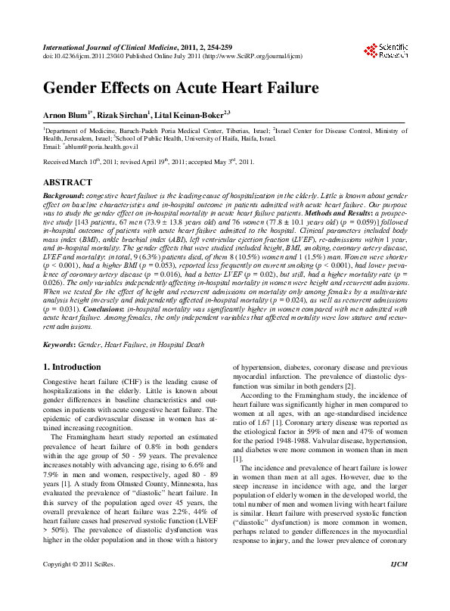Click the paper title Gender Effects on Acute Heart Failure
click(x=181, y=88)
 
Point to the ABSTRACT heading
click(x=67, y=183)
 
